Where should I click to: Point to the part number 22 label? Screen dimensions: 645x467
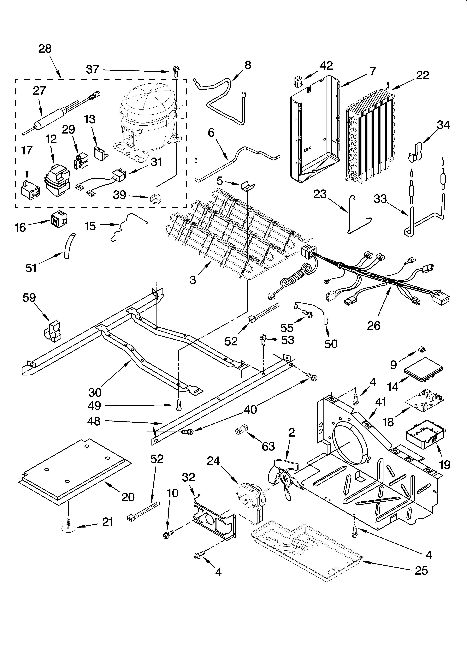pyautogui.click(x=422, y=75)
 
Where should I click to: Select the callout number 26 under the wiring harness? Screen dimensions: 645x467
pyautogui.click(x=373, y=326)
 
